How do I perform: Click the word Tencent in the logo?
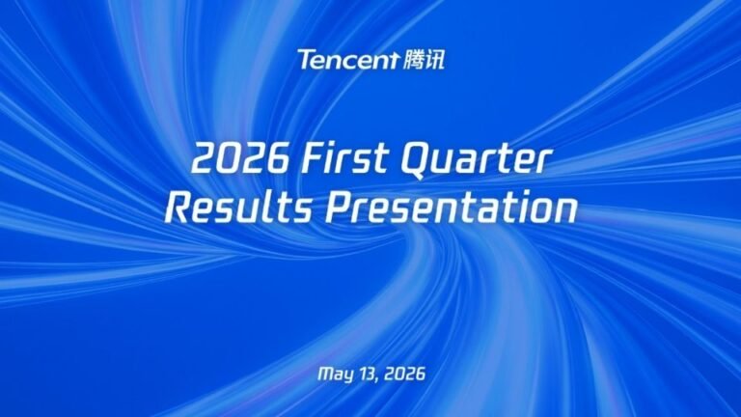pos(348,60)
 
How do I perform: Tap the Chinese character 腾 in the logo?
pos(413,60)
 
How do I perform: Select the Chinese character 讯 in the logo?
pos(435,60)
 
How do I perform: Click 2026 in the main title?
pos(240,158)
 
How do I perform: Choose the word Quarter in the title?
pos(476,160)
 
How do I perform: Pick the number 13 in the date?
pos(368,374)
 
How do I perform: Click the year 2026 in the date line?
pos(404,374)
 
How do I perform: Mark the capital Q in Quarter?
pos(418,161)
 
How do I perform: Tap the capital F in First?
pos(315,158)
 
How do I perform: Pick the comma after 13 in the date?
pos(378,379)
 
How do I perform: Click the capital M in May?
pos(324,374)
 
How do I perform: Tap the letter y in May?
pos(347,375)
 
